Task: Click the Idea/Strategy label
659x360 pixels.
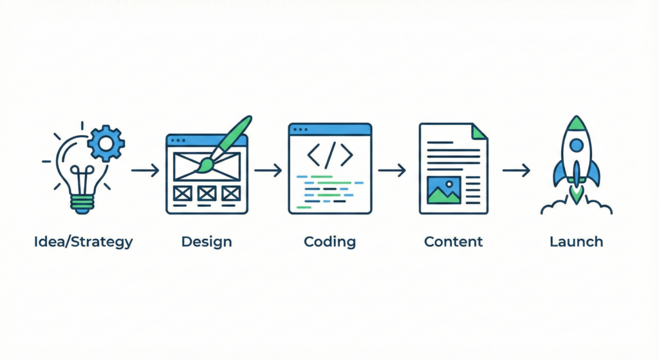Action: [x=84, y=243]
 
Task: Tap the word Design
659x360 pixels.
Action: [x=207, y=243]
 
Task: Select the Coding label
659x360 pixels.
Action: [x=329, y=243]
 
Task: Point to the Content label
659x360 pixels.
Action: [x=453, y=243]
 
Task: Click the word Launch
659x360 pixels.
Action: [x=577, y=243]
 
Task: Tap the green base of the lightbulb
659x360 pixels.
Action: [x=82, y=204]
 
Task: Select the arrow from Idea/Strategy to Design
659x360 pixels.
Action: [x=145, y=171]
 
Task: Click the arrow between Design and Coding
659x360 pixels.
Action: [x=268, y=171]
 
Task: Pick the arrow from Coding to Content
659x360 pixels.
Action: [x=391, y=171]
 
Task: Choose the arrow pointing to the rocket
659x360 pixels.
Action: [x=515, y=171]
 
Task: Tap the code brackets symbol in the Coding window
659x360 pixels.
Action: [x=330, y=155]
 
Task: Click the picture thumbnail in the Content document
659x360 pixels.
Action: [x=443, y=190]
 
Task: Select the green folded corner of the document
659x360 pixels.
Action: [x=480, y=131]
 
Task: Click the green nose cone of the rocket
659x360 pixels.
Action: [x=577, y=123]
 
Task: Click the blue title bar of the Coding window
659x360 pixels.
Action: [x=330, y=129]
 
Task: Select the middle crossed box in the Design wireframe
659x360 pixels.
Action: [x=207, y=192]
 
